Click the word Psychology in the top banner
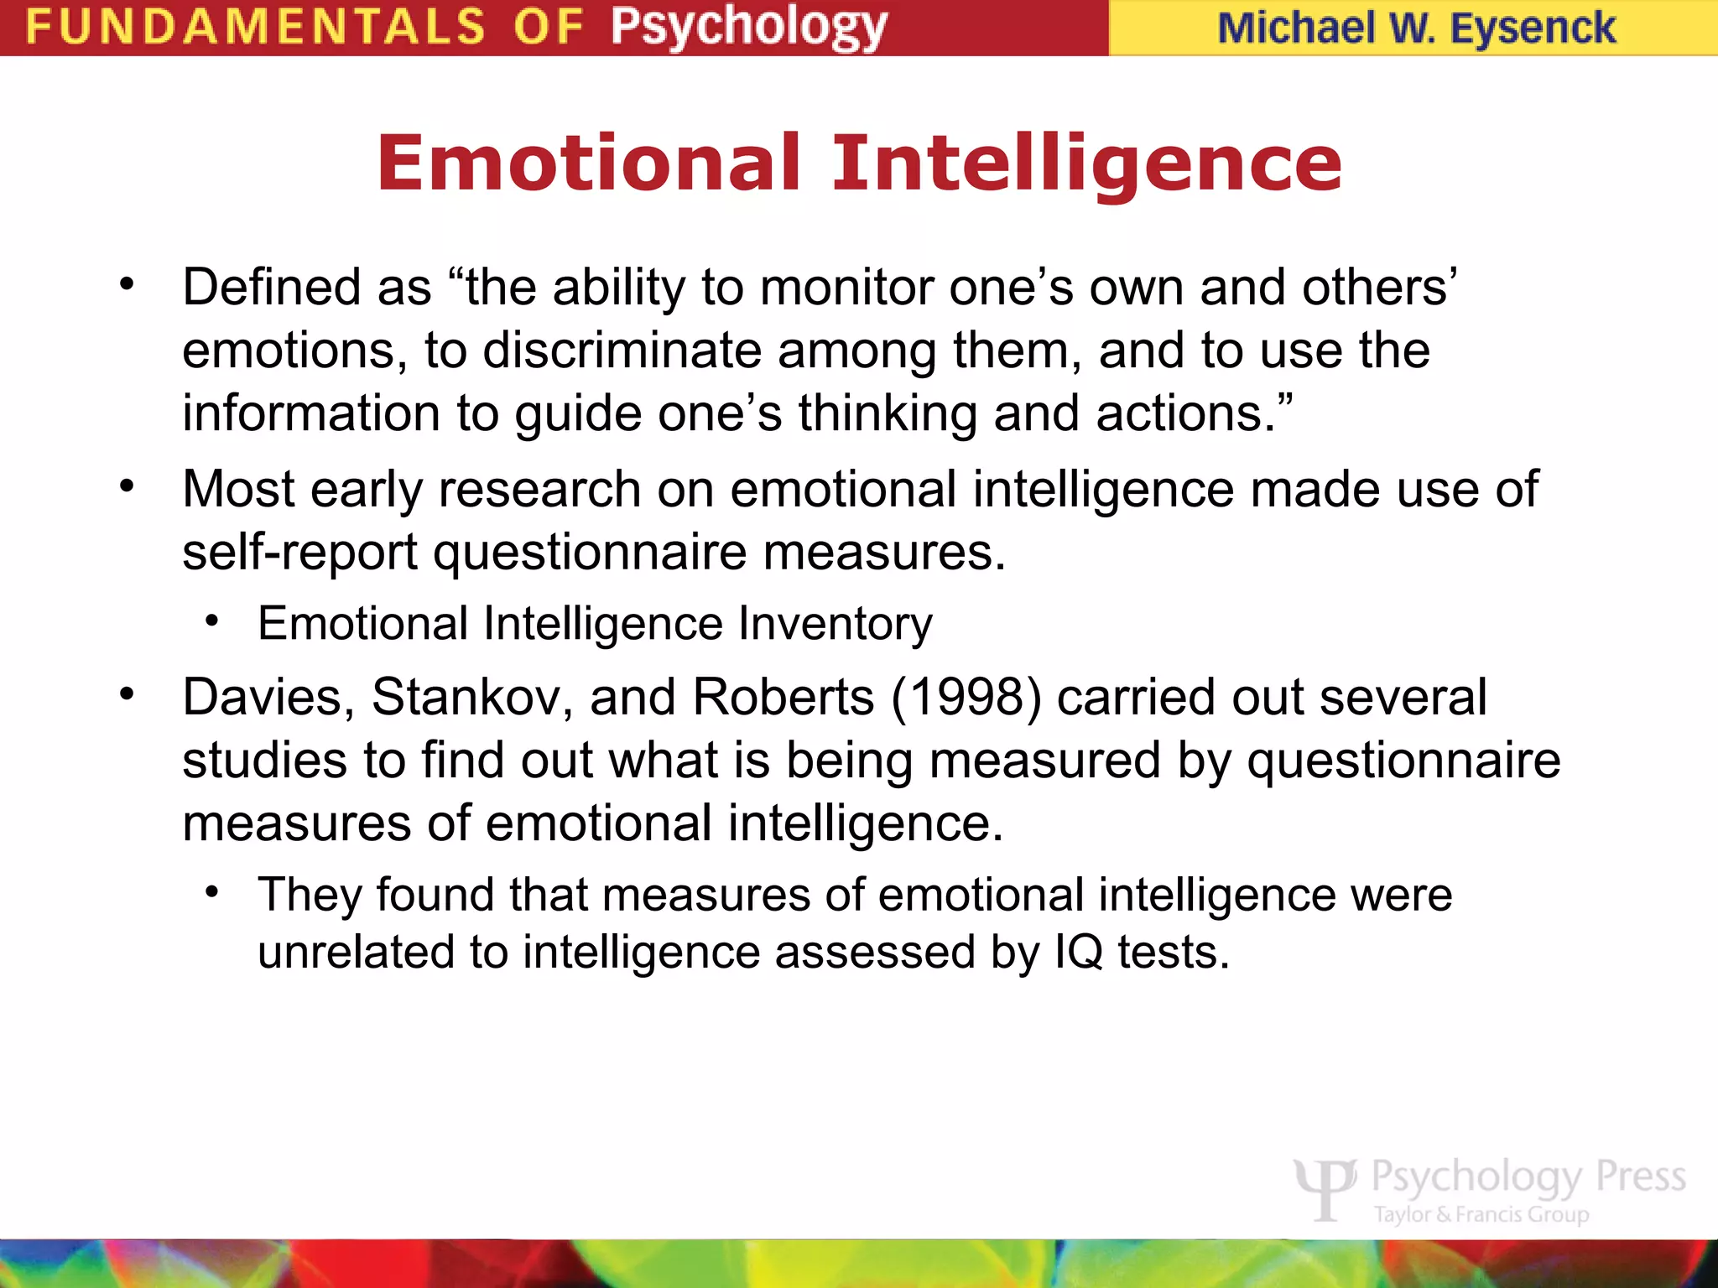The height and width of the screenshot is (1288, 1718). [748, 27]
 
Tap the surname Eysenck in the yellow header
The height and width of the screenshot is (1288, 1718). [1532, 29]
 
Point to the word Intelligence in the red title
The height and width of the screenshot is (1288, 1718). [1086, 163]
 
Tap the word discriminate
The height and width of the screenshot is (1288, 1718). [622, 350]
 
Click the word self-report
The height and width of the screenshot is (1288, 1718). [299, 553]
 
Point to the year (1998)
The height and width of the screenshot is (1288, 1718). [966, 697]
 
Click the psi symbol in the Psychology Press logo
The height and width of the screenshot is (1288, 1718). [1325, 1187]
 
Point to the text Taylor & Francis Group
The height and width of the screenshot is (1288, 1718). [1481, 1214]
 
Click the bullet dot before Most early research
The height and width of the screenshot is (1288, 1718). [127, 486]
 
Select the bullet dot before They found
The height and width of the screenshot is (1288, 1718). [212, 891]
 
